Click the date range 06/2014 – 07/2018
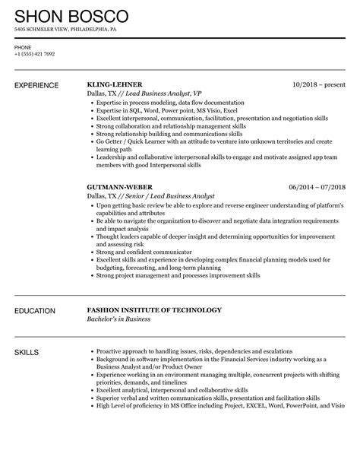point(317,186)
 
